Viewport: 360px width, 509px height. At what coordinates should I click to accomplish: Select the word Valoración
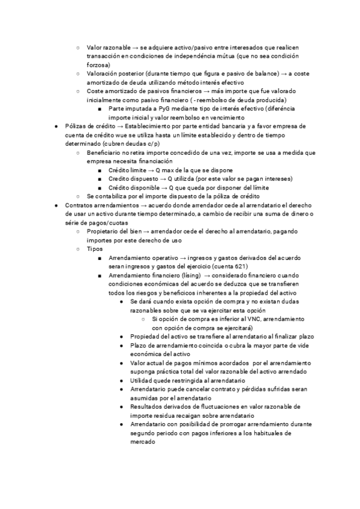103,73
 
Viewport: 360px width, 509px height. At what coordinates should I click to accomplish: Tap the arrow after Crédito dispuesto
162,179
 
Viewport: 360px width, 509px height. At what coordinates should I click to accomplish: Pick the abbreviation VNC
256,319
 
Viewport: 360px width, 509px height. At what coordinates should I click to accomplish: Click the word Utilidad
143,381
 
